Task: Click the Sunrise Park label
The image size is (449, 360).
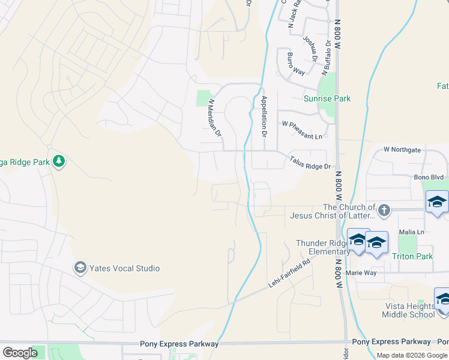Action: tap(327, 98)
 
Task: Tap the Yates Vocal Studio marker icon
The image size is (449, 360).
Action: tap(79, 268)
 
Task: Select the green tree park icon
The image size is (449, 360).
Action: tap(59, 161)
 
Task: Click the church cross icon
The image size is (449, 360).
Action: tap(385, 211)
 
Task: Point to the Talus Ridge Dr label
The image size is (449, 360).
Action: tap(310, 163)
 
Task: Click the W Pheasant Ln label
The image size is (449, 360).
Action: tap(302, 123)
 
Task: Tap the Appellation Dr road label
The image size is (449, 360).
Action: tap(264, 116)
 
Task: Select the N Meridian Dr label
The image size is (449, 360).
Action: tap(214, 118)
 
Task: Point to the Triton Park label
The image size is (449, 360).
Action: tap(412, 256)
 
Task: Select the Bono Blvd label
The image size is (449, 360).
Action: tap(428, 178)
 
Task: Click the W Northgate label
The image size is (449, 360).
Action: tap(402, 149)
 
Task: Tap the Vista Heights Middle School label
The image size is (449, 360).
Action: tap(410, 310)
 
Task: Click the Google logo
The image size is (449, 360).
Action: tap(20, 353)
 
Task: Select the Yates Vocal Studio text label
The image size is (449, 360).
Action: tap(125, 268)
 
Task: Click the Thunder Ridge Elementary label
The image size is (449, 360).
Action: tap(322, 247)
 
